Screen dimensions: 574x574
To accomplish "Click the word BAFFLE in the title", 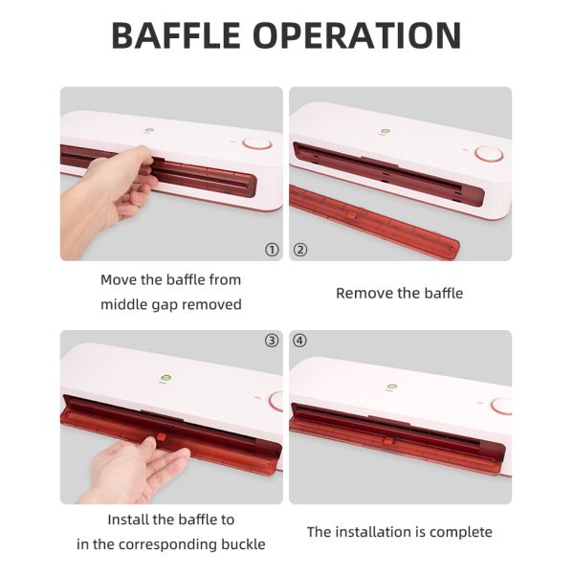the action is click(x=176, y=35).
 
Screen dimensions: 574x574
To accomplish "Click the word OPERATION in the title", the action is click(x=357, y=35).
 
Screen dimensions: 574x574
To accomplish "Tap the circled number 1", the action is click(x=272, y=250).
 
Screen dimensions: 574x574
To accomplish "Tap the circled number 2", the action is click(x=300, y=250).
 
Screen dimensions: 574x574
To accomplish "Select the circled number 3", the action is click(x=272, y=341).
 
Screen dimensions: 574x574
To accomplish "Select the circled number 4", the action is click(x=299, y=341).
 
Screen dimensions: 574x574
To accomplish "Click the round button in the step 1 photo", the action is click(x=257, y=143).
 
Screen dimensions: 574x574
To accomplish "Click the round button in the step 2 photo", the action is click(x=489, y=154).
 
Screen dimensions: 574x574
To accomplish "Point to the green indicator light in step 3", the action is click(x=166, y=378).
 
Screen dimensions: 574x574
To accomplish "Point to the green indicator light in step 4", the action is click(x=391, y=386).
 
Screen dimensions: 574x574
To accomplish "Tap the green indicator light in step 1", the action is click(x=148, y=130).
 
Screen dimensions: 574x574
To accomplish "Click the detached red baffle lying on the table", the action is click(x=373, y=222).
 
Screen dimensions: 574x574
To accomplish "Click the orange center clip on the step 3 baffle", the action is click(x=162, y=437).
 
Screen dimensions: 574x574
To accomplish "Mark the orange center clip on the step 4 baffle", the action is click(x=388, y=439).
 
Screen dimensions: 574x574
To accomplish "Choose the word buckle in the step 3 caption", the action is click(x=243, y=544).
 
